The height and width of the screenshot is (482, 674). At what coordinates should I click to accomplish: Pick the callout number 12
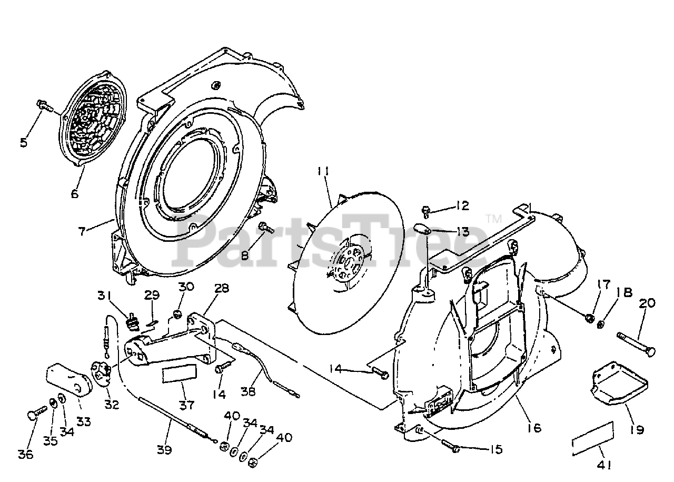tap(462, 205)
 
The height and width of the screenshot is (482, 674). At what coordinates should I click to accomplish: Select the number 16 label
tap(534, 427)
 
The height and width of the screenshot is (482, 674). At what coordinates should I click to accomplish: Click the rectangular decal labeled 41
tap(593, 437)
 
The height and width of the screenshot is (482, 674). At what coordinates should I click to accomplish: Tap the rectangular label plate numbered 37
tap(176, 374)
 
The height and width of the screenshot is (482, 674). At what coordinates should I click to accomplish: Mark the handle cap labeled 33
tap(69, 379)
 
